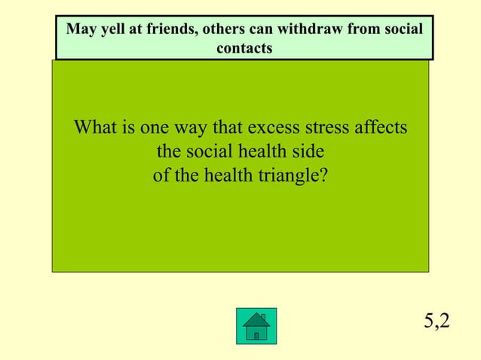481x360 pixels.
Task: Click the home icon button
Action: click(x=256, y=325)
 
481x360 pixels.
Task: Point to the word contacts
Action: click(x=244, y=47)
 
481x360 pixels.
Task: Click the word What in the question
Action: click(x=96, y=127)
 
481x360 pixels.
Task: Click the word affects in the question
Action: click(x=381, y=127)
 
